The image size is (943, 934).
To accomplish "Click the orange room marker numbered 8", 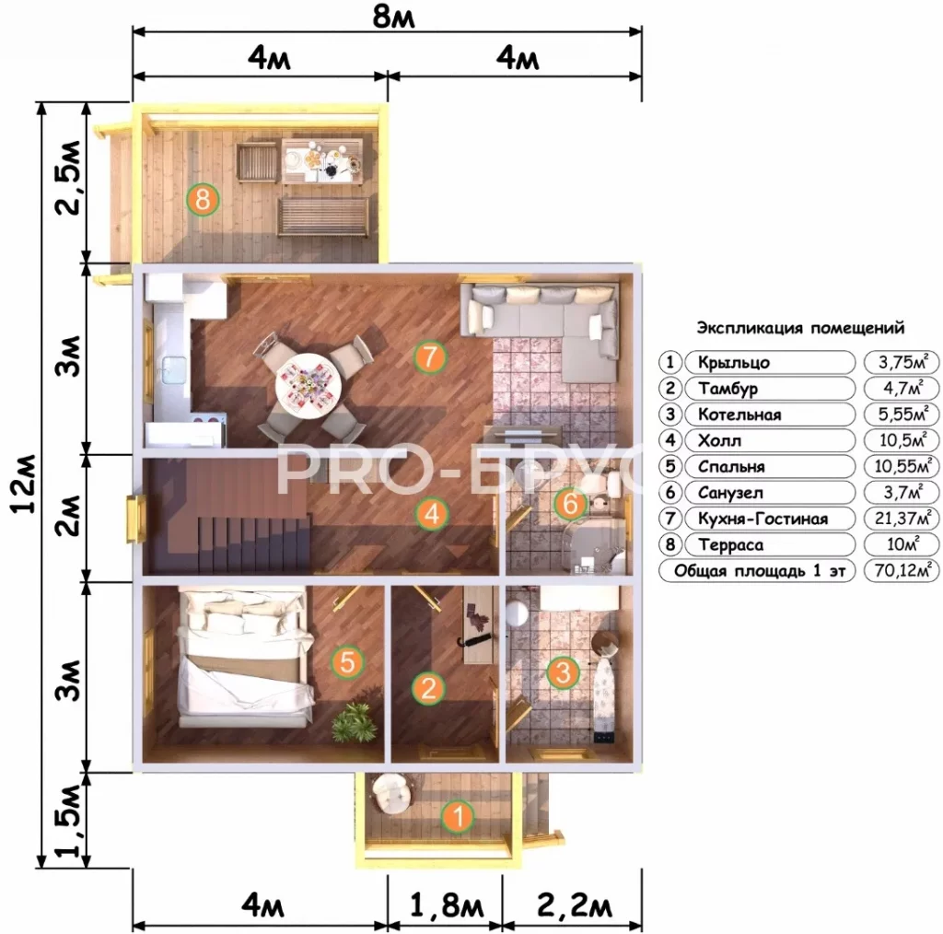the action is (x=203, y=199).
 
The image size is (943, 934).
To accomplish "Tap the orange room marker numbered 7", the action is (x=429, y=357).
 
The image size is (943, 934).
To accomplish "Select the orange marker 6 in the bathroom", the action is (x=570, y=503).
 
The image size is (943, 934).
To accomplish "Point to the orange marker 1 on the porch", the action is (x=458, y=816).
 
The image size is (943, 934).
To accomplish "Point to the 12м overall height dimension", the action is (x=25, y=484).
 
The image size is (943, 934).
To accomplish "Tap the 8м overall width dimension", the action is (x=394, y=16).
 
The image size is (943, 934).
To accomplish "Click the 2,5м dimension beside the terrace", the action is (x=68, y=178).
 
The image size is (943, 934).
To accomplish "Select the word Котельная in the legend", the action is (x=739, y=414).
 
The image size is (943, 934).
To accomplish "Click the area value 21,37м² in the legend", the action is (x=902, y=518).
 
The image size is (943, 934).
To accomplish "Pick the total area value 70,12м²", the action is (x=902, y=569).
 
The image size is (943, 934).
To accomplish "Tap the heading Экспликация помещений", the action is (x=800, y=328).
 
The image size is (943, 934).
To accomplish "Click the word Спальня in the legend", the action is (x=731, y=467).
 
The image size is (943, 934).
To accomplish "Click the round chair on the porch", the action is (x=391, y=794).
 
